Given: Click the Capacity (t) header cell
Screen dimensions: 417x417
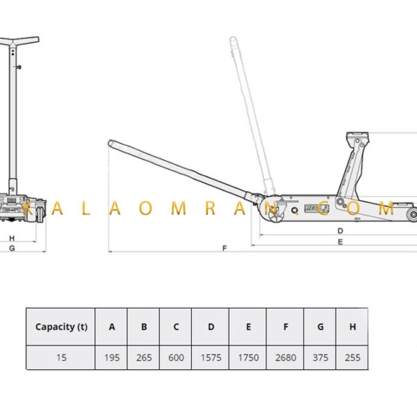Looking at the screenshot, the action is tap(61, 327).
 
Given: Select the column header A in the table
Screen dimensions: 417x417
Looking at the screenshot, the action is tap(112, 327).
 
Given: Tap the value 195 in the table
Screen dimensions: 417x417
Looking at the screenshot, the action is tap(112, 358).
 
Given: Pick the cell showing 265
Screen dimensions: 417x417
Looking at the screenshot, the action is tap(144, 358).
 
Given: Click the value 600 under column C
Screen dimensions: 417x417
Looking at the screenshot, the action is tap(176, 358).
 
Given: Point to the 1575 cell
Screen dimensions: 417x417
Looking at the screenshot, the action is tap(211, 358).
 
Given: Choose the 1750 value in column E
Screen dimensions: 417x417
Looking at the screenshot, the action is tap(248, 358).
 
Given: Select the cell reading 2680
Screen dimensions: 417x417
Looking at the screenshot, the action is tap(286, 358).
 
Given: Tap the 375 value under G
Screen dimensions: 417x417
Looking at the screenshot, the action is tap(320, 358).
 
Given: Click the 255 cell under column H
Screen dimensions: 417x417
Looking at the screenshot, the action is tap(352, 358).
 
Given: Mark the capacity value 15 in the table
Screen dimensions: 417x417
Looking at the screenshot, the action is tap(61, 358).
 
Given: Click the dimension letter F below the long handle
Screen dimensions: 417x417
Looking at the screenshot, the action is tap(224, 248).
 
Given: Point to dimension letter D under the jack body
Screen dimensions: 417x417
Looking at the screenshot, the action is tap(340, 231).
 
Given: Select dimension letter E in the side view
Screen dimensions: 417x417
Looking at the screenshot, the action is tap(340, 242).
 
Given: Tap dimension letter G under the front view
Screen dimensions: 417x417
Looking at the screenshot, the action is tap(12, 248).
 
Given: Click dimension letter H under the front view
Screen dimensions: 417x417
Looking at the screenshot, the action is tap(12, 238).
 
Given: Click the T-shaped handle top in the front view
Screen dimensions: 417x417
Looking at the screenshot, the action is tap(19, 41).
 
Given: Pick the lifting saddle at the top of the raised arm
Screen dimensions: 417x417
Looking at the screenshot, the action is tap(358, 136).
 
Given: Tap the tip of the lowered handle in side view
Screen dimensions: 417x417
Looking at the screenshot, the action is tap(110, 142).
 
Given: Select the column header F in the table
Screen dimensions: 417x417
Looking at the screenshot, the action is tap(286, 327).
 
